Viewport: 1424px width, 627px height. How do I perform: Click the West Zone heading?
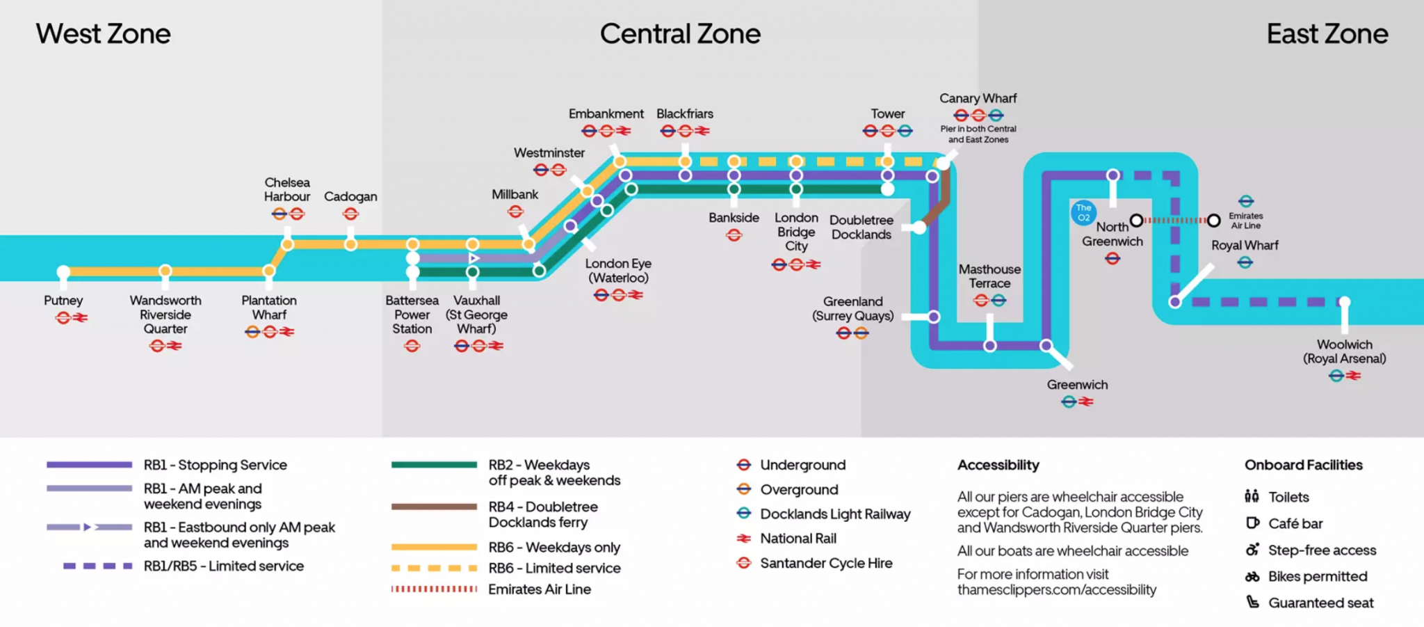103,34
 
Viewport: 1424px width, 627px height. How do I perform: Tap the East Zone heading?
1327,34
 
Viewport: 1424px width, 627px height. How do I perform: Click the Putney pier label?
63,301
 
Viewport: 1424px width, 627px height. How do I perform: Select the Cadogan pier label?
350,197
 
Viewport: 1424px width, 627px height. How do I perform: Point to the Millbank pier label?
515,195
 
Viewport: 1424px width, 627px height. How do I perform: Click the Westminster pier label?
549,153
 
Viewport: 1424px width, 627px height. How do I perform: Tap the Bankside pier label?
734,218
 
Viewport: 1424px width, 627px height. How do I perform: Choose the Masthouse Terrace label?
989,276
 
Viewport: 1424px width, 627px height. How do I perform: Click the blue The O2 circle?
1083,212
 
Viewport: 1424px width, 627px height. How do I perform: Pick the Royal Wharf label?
1245,246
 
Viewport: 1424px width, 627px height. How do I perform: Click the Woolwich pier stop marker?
1345,302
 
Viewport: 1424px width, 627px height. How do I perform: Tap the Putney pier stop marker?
63,271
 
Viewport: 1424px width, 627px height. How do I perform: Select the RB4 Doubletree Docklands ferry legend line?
433,507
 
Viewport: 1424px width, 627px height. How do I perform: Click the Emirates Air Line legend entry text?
539,589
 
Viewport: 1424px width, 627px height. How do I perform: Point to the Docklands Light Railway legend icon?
744,514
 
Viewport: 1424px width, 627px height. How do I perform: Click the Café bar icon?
1252,523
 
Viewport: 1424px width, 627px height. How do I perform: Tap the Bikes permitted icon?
1252,576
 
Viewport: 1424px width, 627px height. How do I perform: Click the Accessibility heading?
998,465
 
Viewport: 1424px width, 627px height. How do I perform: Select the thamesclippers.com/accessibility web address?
1056,590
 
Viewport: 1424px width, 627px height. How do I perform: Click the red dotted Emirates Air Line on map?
1175,221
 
